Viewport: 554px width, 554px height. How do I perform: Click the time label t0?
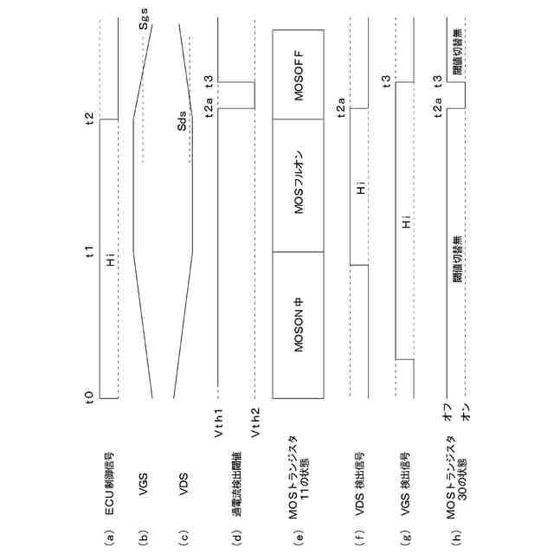pyautogui.click(x=90, y=398)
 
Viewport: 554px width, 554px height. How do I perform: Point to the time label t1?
pyautogui.click(x=90, y=253)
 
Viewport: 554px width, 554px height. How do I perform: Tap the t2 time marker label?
pyautogui.click(x=90, y=119)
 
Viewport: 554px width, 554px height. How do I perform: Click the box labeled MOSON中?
pyautogui.click(x=299, y=325)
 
